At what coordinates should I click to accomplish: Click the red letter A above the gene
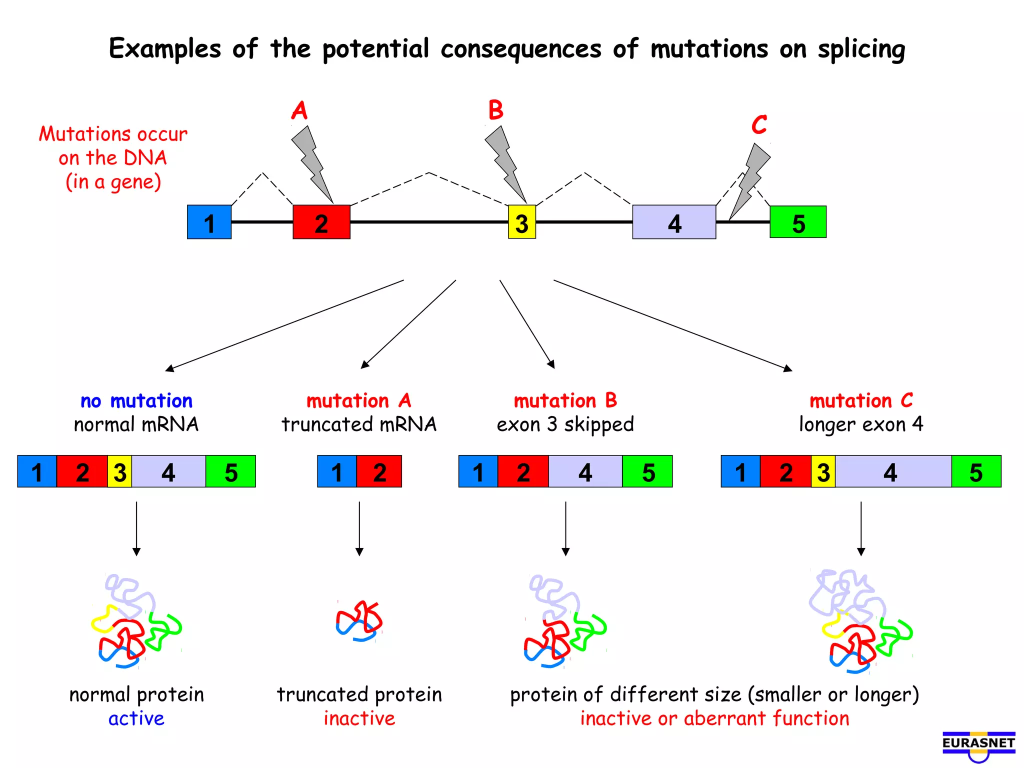[299, 110]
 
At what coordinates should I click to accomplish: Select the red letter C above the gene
[759, 124]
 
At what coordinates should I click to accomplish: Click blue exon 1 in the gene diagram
[209, 222]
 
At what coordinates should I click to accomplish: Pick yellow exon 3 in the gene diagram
[521, 222]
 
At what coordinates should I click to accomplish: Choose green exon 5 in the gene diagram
[797, 222]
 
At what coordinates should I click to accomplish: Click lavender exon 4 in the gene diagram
[673, 222]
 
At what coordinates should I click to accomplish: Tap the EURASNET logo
[978, 745]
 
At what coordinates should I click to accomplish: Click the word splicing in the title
[861, 49]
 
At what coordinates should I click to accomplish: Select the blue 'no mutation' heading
[136, 401]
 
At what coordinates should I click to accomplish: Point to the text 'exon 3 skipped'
[565, 424]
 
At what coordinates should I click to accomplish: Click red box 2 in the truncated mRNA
[379, 471]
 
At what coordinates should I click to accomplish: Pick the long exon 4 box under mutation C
[892, 471]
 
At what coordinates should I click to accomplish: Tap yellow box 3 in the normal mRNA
[119, 471]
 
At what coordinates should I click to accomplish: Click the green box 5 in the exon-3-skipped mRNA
[647, 471]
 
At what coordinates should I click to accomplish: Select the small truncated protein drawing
[359, 621]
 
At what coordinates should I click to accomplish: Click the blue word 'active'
[136, 718]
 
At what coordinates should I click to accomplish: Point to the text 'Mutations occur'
[113, 134]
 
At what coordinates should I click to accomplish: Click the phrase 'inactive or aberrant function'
[714, 718]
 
